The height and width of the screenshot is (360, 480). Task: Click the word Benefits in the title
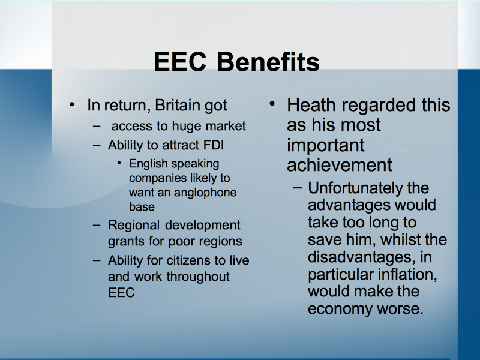(268, 61)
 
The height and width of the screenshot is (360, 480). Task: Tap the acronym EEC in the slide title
(179, 61)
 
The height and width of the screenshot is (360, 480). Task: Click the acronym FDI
(214, 145)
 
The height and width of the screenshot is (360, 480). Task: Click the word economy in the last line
(340, 309)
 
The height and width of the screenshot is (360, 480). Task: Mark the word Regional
(133, 226)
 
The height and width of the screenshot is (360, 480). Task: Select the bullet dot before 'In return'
(72, 104)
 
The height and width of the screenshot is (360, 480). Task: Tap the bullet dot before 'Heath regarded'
(272, 104)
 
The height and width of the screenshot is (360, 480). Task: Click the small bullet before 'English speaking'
(119, 163)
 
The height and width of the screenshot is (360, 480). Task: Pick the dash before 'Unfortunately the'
(297, 188)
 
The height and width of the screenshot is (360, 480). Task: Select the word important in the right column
(326, 145)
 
